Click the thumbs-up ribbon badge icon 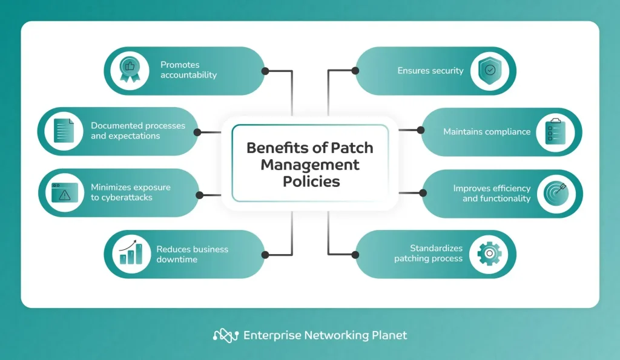128,71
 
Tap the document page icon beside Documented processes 64,131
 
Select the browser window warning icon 64,193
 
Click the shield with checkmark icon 489,71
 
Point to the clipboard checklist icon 555,132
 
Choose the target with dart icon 555,193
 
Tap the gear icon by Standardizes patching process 489,254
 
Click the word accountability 188,76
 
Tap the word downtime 177,260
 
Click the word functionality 496,198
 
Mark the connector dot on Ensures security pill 355,71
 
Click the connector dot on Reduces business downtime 265,254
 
